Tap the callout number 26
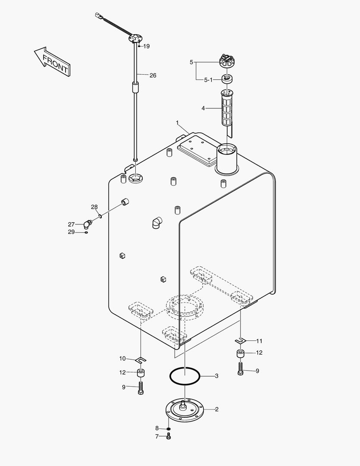153,75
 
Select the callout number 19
146,46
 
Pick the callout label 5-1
208,80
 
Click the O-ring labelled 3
185,376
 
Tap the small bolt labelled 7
169,437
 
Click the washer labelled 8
169,428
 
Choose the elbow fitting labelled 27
88,224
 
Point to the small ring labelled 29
86,233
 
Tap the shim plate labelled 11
241,341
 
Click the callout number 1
177,123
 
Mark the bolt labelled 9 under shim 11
240,368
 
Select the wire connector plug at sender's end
98,17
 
